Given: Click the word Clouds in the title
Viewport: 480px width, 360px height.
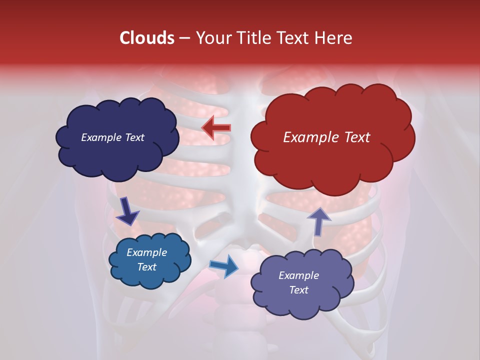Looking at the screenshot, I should click(147, 38).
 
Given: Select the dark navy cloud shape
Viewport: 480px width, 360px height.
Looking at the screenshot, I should click(116, 150).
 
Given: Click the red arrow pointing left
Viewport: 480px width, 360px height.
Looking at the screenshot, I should click(216, 127).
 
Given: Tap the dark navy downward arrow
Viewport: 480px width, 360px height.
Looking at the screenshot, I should click(127, 210).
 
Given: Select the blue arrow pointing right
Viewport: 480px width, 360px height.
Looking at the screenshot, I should click(224, 265).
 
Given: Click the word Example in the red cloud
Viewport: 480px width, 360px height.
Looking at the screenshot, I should click(309, 137).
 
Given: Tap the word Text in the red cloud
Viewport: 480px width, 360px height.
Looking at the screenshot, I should click(355, 137).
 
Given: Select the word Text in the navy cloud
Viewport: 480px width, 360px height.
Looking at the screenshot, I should click(134, 137).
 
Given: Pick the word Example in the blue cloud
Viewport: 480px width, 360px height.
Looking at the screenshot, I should click(146, 252).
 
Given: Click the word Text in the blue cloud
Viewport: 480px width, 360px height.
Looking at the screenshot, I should click(146, 267).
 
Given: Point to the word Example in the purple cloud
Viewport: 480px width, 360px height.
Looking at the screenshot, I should click(298, 275).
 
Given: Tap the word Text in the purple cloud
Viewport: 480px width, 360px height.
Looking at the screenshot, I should click(298, 290).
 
